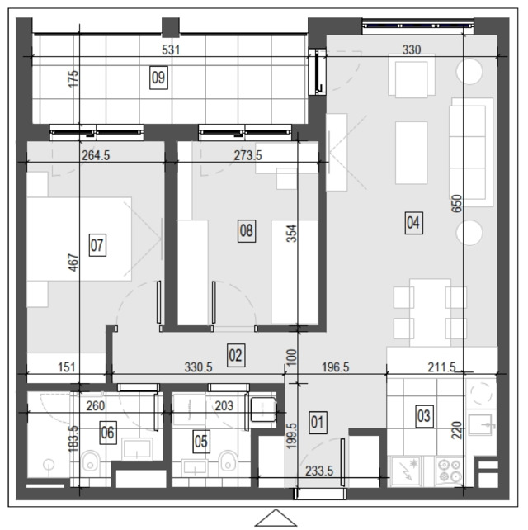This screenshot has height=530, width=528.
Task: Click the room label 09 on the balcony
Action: coord(158,78)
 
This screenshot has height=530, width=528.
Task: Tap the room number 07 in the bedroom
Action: coord(97,245)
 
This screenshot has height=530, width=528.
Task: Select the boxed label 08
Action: coord(247,231)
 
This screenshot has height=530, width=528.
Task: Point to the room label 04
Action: coord(413,223)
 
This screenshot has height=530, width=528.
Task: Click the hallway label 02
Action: coord(236,355)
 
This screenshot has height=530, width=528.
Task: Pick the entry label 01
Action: coord(318,423)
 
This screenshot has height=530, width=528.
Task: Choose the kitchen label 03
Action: coord(424,416)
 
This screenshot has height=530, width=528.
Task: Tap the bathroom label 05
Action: coord(201,442)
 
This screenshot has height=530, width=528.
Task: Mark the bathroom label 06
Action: coord(108,433)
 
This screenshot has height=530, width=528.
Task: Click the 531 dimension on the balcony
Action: coord(171,50)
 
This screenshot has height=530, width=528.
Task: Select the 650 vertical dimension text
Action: coord(456,203)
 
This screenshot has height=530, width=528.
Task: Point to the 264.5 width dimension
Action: coord(96,155)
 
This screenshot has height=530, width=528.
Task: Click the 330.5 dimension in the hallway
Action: coord(199,367)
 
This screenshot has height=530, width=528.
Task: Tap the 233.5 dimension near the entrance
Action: coord(319,471)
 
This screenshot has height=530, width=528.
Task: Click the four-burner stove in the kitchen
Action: coord(450,471)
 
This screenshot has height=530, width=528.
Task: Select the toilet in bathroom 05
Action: coord(228,461)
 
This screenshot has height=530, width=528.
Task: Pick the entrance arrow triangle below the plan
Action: coord(276,518)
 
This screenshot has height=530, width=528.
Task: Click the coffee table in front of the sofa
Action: coord(411,153)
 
